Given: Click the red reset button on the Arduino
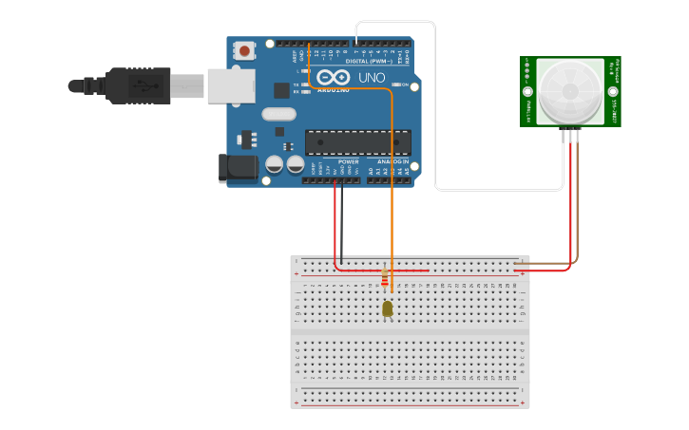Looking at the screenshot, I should click(245, 49).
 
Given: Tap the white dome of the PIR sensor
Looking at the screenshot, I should click(569, 92).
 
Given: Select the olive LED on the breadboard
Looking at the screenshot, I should click(387, 308).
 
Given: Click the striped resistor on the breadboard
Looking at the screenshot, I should click(384, 277).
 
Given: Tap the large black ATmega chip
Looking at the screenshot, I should click(357, 142).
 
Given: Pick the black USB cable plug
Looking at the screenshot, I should click(143, 84).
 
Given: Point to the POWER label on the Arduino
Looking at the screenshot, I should click(349, 161).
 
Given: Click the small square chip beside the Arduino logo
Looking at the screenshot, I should click(281, 90).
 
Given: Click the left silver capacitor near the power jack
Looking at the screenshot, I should click(273, 164).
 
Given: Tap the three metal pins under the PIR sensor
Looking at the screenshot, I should click(572, 133).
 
